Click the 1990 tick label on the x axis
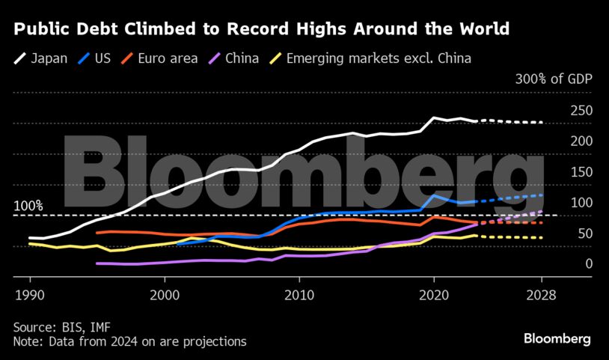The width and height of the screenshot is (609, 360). point(29,294)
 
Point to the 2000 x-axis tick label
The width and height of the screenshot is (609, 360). point(165,294)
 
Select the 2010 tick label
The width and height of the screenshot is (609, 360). point(299,294)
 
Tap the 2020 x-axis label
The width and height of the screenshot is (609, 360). point(435,294)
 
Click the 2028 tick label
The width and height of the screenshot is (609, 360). point(542,294)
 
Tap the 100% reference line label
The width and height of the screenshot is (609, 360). point(28,206)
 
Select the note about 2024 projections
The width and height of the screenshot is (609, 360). point(129,341)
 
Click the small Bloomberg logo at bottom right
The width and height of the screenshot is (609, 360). point(557,339)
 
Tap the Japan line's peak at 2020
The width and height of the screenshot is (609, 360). point(435,118)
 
